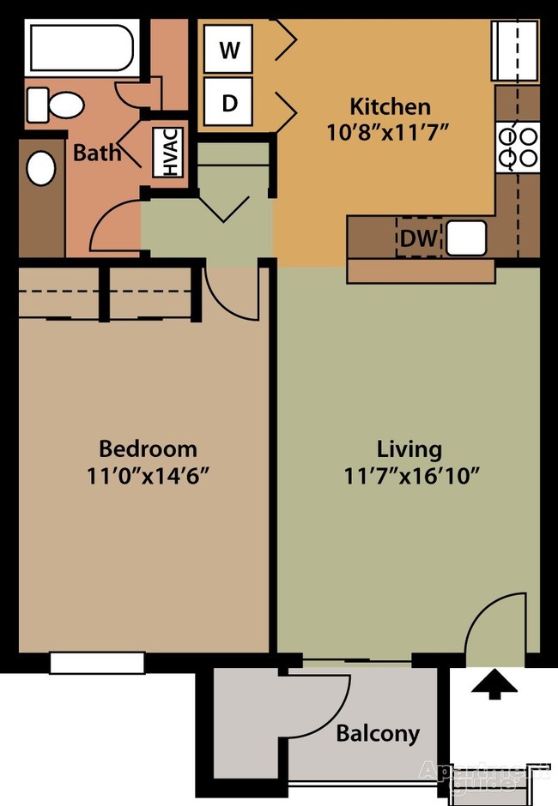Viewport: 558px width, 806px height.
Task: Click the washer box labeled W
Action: [228, 51]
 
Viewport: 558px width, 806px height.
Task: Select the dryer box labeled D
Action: [228, 104]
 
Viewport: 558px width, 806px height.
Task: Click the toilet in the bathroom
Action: [53, 105]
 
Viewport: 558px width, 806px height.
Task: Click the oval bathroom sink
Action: [40, 168]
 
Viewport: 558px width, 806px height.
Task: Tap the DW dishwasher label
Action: [419, 238]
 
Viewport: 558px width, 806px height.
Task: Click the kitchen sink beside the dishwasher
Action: [466, 238]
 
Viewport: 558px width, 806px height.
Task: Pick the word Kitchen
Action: [390, 107]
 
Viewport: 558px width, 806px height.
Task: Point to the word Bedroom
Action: [148, 448]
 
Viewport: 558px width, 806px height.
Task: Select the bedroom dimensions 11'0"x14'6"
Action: [148, 474]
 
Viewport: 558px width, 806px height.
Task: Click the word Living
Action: [409, 448]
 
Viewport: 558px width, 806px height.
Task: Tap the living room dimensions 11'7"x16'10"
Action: [410, 474]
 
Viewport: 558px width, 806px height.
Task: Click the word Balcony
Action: [378, 733]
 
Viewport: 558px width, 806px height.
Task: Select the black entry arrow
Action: [494, 684]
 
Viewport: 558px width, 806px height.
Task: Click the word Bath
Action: [97, 153]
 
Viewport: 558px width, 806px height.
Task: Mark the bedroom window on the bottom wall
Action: [96, 662]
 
